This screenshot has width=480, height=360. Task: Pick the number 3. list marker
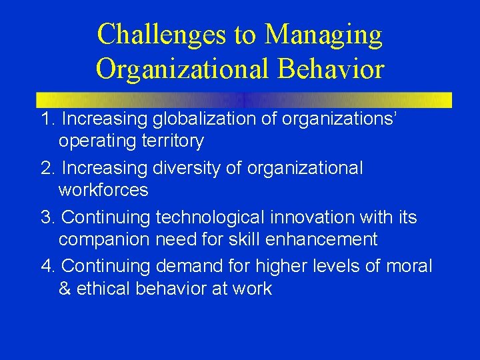coord(48,217)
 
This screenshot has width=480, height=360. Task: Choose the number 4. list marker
coord(48,267)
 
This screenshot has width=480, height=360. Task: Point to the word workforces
coord(103,190)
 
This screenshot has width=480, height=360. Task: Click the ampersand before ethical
coord(65,289)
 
